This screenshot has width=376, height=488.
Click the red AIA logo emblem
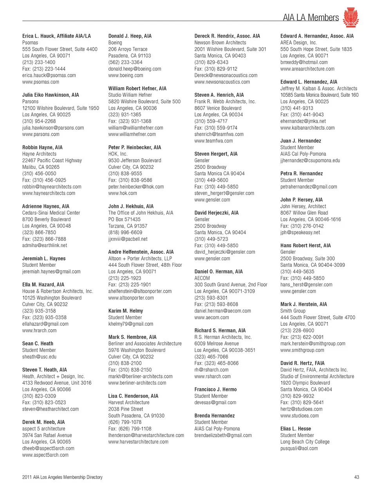[x=351, y=17]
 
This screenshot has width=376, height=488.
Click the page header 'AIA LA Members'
[x=311, y=18]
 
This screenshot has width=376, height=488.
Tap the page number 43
[x=356, y=477]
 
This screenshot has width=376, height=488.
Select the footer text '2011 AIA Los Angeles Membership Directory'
[x=62, y=477]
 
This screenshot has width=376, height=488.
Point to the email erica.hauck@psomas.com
[x=49, y=75]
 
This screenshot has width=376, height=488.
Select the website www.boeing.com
[x=125, y=75]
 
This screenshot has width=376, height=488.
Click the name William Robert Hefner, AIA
[x=137, y=89]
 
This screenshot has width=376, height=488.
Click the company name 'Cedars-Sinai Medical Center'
[x=51, y=213]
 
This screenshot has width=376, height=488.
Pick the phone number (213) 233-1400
[x=39, y=62]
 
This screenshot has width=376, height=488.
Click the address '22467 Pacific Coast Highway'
[x=52, y=160]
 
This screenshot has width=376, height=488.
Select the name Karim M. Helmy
[x=125, y=311]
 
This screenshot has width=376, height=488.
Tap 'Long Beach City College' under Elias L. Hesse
[x=305, y=442]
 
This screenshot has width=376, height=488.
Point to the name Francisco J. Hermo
[x=215, y=389]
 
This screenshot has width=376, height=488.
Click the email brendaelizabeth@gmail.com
[x=223, y=435]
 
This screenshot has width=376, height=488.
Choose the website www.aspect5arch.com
[x=45, y=455]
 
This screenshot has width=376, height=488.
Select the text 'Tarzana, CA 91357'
[x=128, y=226]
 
